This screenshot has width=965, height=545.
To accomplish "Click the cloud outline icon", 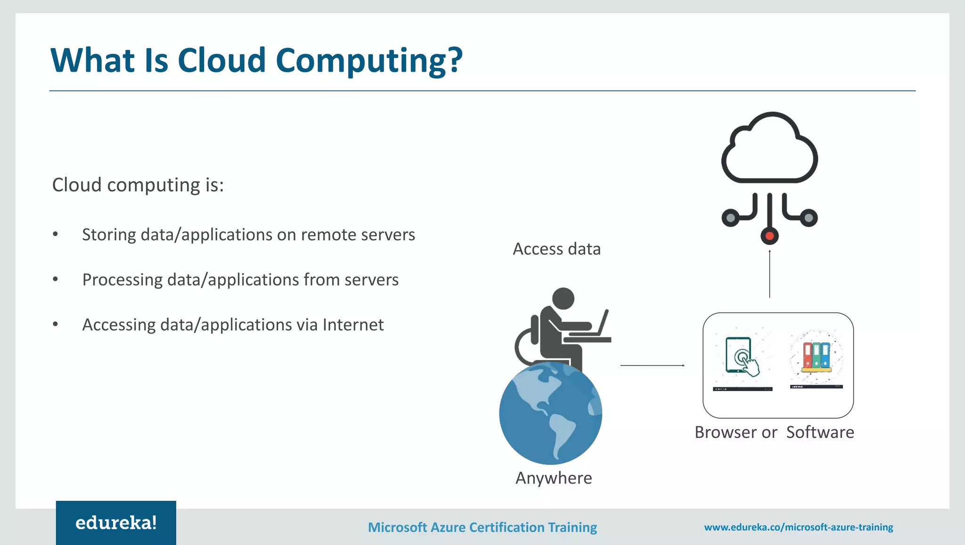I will point(769,148).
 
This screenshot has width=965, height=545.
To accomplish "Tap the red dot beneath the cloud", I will point(769,236).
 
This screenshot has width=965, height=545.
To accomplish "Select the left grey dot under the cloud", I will point(730,218).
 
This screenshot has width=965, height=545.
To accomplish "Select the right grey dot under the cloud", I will point(809,218).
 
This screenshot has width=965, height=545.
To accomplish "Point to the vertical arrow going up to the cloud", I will point(769,273).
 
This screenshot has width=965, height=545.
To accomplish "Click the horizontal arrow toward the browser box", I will point(652,365).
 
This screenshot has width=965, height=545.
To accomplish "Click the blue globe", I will point(550,414).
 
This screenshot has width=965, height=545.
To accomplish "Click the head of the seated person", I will point(563,298).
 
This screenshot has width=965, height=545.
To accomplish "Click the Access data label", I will point(556,249).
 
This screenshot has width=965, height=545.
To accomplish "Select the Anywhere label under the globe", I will point(554,478).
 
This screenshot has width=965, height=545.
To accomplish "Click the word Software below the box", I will point(820,432).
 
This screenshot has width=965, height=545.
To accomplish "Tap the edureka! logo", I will point(116,523).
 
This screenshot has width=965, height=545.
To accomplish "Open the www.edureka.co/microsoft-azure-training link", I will point(799,527).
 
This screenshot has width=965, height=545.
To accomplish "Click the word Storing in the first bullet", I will point(109,235).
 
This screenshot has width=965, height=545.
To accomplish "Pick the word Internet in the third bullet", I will point(353,325).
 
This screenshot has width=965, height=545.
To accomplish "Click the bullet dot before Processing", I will point(56,279).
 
